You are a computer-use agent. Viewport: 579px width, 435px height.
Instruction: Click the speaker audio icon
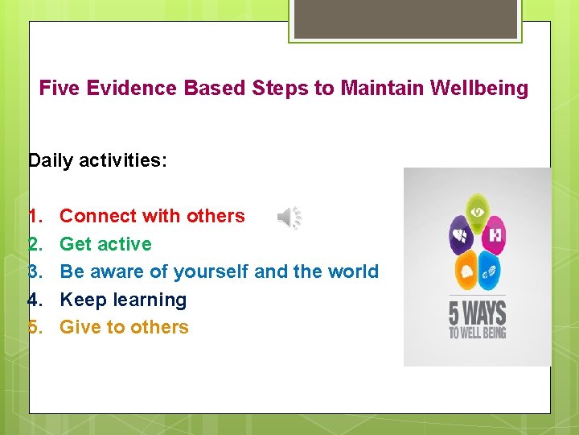tap(289, 217)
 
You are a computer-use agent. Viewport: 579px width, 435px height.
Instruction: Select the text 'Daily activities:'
tap(97, 160)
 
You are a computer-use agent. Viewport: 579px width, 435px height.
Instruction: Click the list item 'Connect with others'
tap(152, 216)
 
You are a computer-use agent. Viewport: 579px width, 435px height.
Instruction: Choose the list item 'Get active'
tap(105, 243)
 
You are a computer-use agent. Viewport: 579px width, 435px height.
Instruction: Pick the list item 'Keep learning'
tap(123, 300)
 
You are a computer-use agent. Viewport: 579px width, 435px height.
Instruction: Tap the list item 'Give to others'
tap(124, 327)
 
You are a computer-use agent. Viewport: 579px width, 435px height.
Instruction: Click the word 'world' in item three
tap(353, 271)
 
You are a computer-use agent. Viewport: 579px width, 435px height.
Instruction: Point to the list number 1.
tap(35, 216)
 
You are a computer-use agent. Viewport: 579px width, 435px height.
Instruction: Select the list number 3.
tap(35, 271)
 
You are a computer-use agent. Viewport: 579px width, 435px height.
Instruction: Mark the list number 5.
tap(35, 327)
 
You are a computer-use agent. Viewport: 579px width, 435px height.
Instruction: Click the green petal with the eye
tap(478, 211)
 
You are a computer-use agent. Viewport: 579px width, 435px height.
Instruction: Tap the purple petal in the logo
tap(461, 236)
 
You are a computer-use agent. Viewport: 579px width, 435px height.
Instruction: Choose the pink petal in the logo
tap(495, 236)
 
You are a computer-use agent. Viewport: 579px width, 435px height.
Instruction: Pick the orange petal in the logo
tap(466, 271)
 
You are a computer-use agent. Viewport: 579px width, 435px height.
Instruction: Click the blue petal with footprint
tap(489, 271)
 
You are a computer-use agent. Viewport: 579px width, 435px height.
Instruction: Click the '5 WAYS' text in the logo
tap(478, 312)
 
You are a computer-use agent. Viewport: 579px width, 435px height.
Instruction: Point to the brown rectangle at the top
tap(405, 19)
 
